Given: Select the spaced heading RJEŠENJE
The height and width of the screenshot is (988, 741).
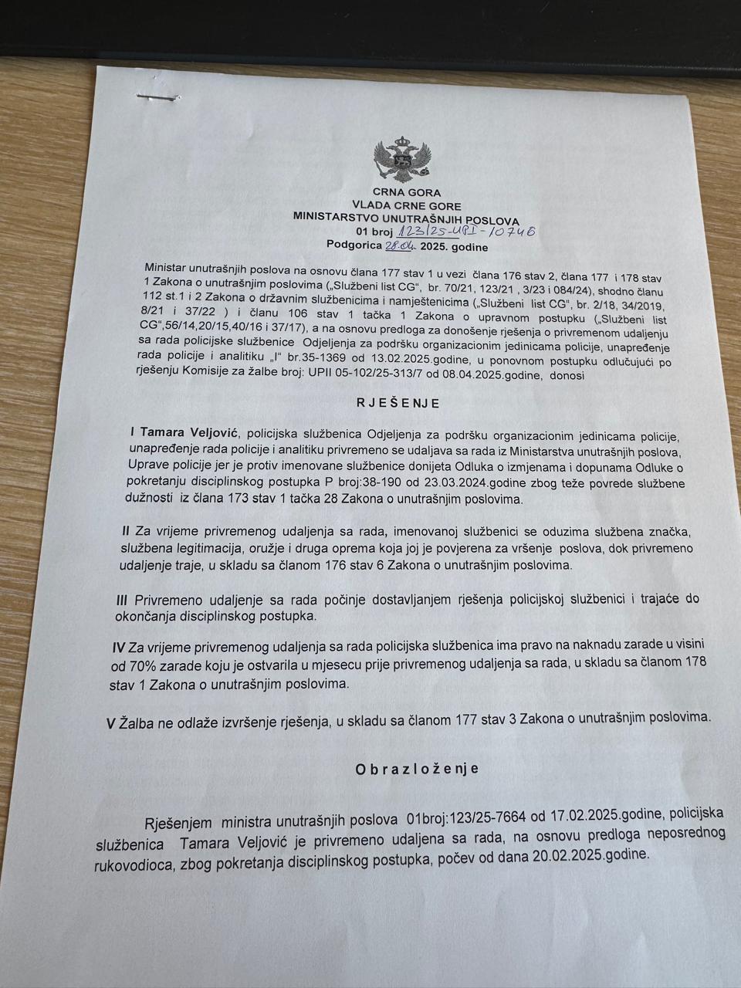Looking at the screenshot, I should coord(398,403).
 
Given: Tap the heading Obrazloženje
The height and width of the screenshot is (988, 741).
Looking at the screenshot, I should coord(416,768).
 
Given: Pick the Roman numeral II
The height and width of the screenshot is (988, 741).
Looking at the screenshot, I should coord(126,532).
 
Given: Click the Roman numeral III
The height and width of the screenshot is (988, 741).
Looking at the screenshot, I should coord(121,600).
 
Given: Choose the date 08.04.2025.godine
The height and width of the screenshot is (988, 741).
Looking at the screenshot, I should coord(489,376).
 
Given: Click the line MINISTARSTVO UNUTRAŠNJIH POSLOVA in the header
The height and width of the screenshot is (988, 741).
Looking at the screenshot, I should coord(406,219).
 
